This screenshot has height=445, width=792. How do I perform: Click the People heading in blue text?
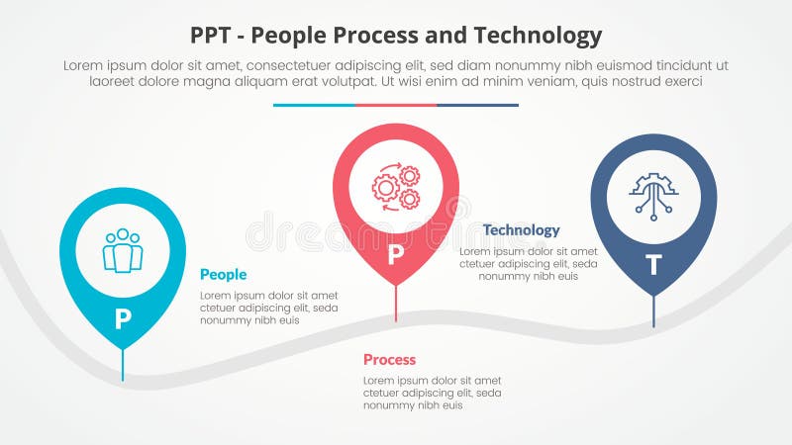pyautogui.click(x=223, y=274)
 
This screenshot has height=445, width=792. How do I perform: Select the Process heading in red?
pyautogui.click(x=389, y=359)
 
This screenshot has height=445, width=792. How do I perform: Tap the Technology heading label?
pyautogui.click(x=521, y=229)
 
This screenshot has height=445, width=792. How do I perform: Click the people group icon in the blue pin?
pyautogui.click(x=123, y=251)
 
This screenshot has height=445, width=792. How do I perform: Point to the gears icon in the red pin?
pyautogui.click(x=396, y=187)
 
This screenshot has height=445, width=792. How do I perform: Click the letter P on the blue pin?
pyautogui.click(x=123, y=318)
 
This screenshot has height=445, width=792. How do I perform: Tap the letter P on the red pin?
pyautogui.click(x=396, y=255)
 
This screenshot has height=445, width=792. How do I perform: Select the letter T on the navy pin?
pyautogui.click(x=653, y=264)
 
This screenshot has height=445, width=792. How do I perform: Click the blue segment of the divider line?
pyautogui.click(x=314, y=105)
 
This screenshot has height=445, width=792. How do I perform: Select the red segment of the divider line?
pyautogui.click(x=396, y=105)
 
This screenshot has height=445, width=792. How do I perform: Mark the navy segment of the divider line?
pyautogui.click(x=477, y=105)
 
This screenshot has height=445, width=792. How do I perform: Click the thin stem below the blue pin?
pyautogui.click(x=123, y=366)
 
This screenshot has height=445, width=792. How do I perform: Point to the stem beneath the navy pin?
pyautogui.click(x=653, y=311)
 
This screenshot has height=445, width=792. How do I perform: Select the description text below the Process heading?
pyautogui.click(x=433, y=393)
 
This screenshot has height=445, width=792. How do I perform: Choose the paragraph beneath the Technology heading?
pyautogui.click(x=528, y=264)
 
